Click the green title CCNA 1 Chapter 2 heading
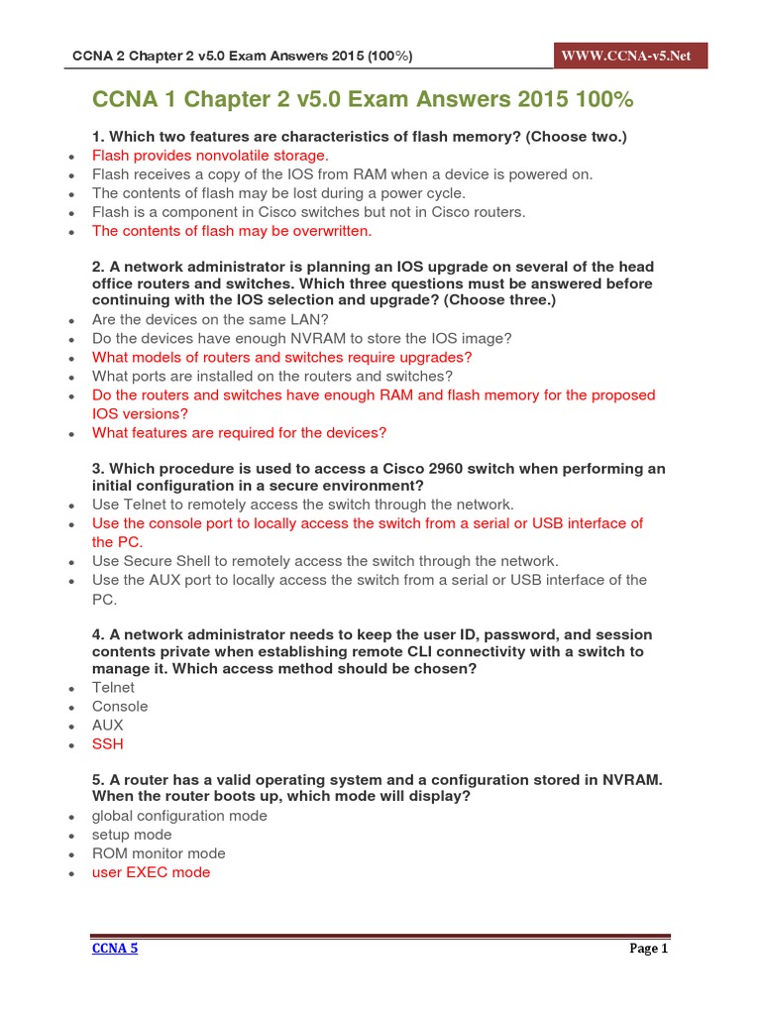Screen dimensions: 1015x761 [362, 100]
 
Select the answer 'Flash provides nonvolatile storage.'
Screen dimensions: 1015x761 [209, 156]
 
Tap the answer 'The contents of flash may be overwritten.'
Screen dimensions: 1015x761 [232, 231]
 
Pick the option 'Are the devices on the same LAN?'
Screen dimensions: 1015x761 [210, 319]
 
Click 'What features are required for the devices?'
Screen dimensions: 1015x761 [239, 432]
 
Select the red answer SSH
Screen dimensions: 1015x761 [108, 743]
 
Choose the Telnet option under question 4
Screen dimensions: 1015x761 [113, 687]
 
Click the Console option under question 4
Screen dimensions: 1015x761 [120, 706]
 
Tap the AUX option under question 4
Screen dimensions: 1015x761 [108, 725]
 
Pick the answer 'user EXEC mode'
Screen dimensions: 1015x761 [151, 872]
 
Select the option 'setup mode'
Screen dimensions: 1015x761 [132, 835]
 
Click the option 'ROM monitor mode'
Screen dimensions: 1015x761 [159, 853]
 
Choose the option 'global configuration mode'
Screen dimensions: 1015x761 [179, 816]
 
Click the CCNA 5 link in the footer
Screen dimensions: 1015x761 [115, 949]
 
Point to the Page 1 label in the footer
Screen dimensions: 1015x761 [649, 949]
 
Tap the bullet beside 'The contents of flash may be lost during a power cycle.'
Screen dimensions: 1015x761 [71, 194]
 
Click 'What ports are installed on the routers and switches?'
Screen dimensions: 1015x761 [272, 376]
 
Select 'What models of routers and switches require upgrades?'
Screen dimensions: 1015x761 [281, 357]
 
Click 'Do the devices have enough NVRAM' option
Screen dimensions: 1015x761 [301, 338]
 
